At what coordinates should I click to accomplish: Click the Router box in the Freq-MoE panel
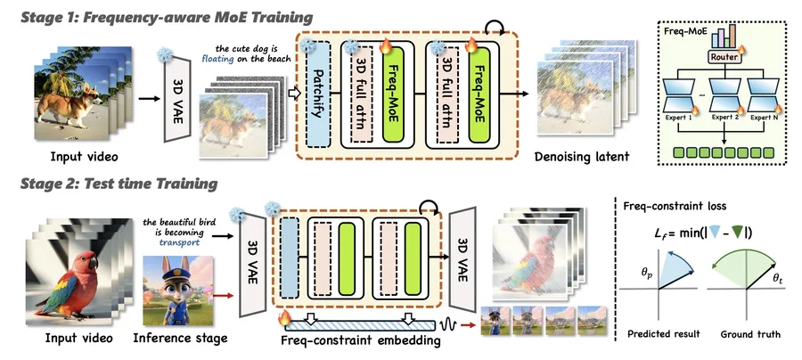tap(724, 57)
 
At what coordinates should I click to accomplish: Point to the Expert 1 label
tap(679, 118)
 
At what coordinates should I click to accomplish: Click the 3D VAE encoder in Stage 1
tap(177, 99)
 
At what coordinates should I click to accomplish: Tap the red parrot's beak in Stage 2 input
tap(93, 263)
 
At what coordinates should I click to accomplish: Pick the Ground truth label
tap(750, 334)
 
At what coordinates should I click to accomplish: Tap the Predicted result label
tap(664, 334)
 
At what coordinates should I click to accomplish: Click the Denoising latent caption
tap(582, 157)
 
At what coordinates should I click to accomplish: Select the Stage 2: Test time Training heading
tap(119, 184)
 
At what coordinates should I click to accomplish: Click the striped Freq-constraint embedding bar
tap(360, 325)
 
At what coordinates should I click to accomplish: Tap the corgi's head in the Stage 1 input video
tap(91, 93)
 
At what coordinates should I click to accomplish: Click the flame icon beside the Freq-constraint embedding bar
tap(282, 318)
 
